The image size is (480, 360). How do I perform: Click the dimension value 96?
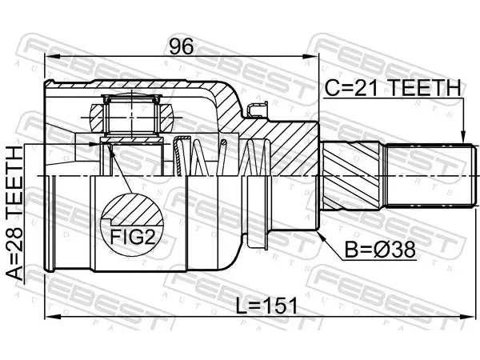pos(182,46)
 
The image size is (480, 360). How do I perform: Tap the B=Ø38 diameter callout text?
pos(380,250)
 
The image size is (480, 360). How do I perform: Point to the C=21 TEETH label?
pos(393,88)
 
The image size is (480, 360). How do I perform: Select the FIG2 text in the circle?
pos(133,237)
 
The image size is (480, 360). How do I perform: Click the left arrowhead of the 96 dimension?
pos(51,57)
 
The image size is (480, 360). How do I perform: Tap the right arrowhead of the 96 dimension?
pos(312,57)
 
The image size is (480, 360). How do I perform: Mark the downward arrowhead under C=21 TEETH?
pos(463,137)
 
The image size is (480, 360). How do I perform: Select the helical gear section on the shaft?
pos(352,176)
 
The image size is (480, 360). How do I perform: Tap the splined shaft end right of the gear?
pos(431,176)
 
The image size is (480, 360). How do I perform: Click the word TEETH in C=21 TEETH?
pos(425,88)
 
